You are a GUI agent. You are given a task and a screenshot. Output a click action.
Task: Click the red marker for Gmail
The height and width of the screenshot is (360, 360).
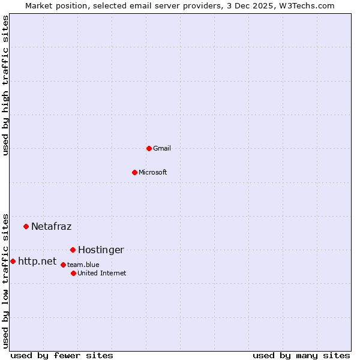click(x=149, y=148)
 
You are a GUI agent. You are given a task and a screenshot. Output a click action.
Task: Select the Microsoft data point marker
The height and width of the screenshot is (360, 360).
click(x=134, y=172)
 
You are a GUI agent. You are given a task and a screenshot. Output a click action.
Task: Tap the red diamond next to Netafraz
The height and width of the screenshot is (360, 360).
click(x=26, y=226)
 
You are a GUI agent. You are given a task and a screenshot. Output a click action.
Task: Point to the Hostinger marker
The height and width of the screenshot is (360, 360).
click(x=73, y=250)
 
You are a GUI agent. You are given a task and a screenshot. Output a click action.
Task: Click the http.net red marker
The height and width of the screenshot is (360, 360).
click(x=13, y=261)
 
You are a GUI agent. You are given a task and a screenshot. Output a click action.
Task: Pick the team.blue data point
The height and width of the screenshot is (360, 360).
click(x=63, y=265)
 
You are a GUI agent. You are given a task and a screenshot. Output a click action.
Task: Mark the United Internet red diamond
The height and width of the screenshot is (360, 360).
click(x=73, y=273)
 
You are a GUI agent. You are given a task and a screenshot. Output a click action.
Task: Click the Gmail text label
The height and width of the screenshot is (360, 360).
click(x=162, y=148)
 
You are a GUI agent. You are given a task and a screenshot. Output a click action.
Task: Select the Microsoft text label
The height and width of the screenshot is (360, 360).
click(x=153, y=172)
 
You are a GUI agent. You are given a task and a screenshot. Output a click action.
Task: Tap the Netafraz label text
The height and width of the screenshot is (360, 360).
click(x=51, y=226)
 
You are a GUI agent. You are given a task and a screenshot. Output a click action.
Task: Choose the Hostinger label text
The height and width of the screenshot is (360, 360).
click(x=101, y=250)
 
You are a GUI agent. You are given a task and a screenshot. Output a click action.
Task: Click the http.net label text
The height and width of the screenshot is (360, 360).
click(x=37, y=261)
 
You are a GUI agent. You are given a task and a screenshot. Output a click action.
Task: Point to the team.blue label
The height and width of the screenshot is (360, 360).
click(x=83, y=265)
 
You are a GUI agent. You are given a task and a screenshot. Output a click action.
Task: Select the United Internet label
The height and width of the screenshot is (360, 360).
click(x=102, y=273)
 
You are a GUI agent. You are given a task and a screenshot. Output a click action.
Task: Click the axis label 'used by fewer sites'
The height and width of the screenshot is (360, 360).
click(x=62, y=355)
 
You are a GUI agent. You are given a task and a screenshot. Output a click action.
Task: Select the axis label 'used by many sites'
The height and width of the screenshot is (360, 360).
click(x=301, y=355)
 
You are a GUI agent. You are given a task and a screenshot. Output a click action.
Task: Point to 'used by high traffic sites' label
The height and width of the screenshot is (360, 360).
click(x=5, y=85)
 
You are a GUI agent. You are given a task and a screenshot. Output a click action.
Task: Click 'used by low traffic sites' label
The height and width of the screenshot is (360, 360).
click(x=5, y=280)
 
